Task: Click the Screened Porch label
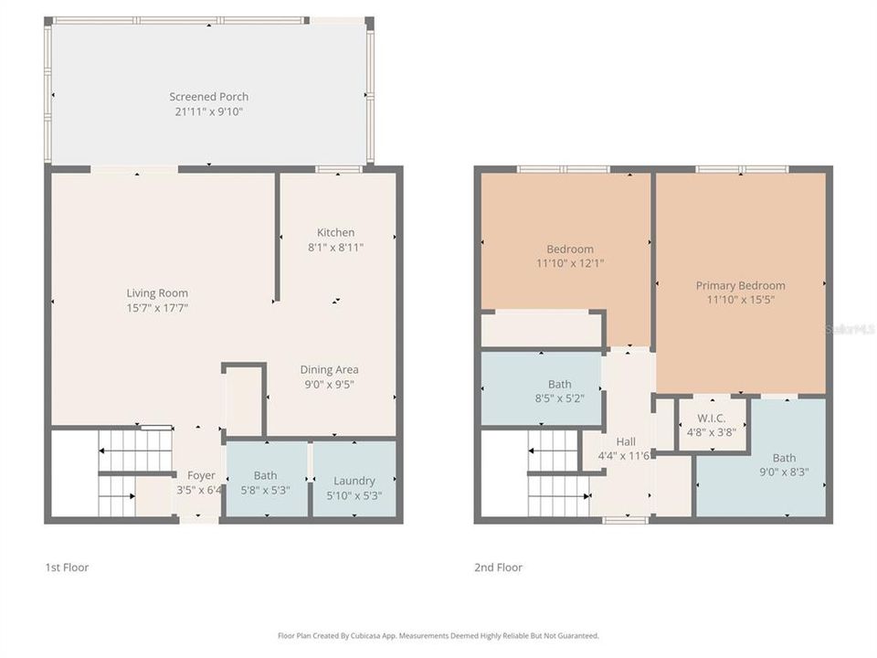pos(208,97)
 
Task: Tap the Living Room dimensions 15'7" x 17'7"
pos(157,308)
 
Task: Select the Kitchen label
pos(335,232)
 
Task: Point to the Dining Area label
pos(329,370)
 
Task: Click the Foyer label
pos(201,475)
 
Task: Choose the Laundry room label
pos(354,481)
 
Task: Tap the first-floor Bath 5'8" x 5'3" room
pos(266,482)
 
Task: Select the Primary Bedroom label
pos(740,285)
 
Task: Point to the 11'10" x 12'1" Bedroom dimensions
pos(569,263)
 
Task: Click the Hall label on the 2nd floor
pos(626,442)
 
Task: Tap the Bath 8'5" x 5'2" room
pos(559,391)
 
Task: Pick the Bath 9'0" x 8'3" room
pos(784,465)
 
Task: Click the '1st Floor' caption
pos(67,568)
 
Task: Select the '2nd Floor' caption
pos(498,568)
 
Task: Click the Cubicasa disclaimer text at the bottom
pos(438,635)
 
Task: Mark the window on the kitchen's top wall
pos(339,169)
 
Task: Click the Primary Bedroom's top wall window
pos(742,169)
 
